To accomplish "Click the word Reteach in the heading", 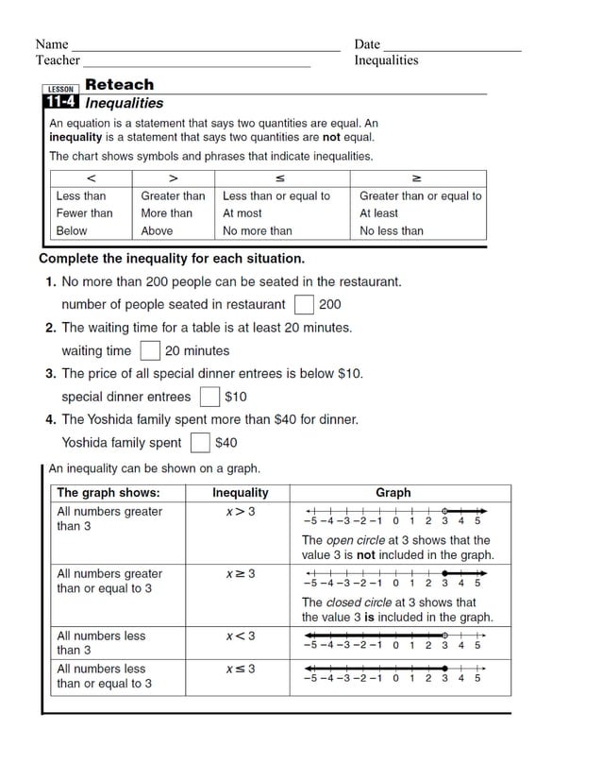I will [119, 84].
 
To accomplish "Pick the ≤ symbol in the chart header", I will [280, 178].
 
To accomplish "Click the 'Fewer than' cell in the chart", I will [84, 213].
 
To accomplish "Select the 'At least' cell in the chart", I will [378, 213].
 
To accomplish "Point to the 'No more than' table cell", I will [257, 230].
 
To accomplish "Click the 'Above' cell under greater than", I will [157, 230].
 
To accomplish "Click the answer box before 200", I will [304, 304].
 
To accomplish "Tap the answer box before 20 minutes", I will [150, 351].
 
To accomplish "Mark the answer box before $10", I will [209, 397].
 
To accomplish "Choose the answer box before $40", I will [200, 442].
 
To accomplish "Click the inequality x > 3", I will [240, 512].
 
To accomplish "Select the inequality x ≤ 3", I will [240, 669].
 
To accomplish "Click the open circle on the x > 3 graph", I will [444, 510].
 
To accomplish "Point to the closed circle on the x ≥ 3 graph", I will [444, 573].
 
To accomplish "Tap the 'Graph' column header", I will [393, 493].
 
